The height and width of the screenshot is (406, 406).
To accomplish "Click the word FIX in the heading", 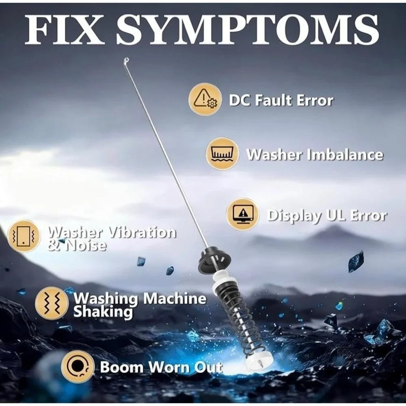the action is (63, 30).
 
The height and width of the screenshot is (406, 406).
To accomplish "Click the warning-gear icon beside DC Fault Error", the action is (205, 99).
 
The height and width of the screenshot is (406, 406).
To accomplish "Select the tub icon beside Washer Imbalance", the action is (222, 154).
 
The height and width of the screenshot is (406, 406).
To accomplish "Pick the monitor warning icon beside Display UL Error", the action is (243, 215).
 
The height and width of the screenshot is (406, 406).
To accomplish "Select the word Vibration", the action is (142, 232).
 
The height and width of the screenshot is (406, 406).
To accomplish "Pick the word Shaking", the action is (103, 312).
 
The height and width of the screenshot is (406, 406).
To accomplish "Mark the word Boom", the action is (121, 367).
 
